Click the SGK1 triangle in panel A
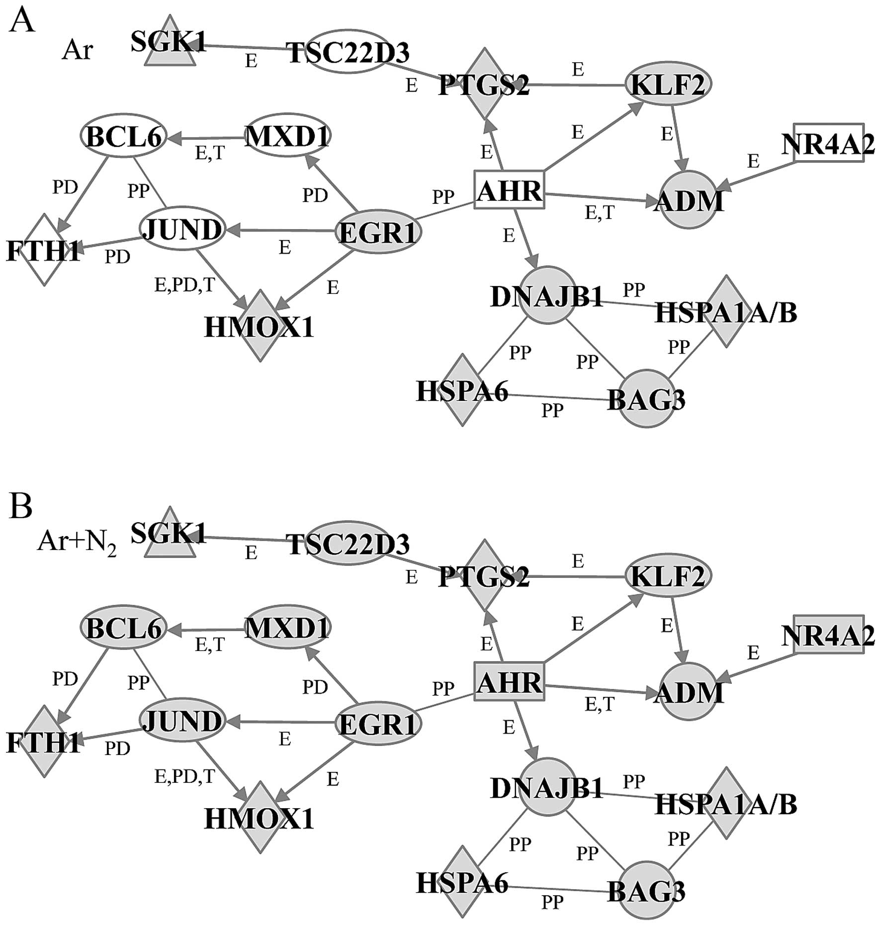[170, 45]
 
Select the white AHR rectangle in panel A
[509, 190]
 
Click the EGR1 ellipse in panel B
[378, 724]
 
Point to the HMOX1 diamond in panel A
[260, 326]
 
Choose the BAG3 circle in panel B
[646, 890]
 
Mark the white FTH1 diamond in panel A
[44, 250]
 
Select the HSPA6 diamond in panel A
[462, 390]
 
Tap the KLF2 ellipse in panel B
[668, 576]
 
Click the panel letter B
[21, 506]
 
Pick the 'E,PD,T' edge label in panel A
[184, 285]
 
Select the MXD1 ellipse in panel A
[288, 136]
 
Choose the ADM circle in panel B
[689, 692]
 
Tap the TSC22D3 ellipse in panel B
[348, 543]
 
